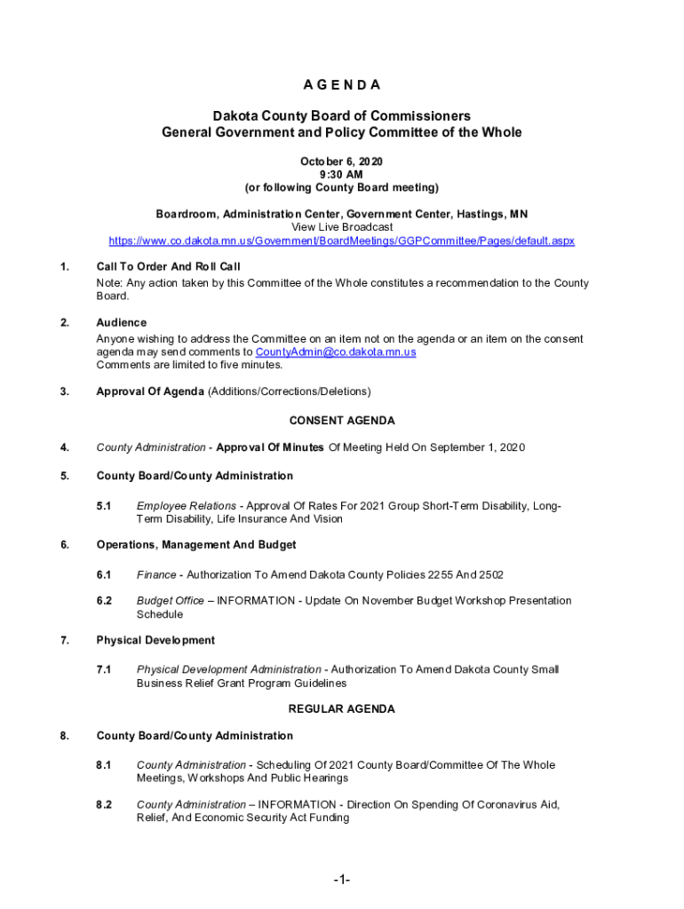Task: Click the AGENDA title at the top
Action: [341, 85]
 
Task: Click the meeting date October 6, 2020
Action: [341, 162]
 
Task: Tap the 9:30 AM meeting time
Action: [341, 175]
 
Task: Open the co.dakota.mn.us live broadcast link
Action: [341, 241]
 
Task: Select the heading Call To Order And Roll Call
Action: [168, 267]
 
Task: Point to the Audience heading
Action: [122, 323]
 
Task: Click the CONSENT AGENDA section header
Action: [342, 421]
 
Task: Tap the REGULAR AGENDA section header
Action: [342, 709]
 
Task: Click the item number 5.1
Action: [104, 506]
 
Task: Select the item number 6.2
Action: [104, 601]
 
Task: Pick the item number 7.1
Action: [104, 669]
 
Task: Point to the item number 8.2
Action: [104, 805]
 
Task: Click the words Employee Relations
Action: [174, 506]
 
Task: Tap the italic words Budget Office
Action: [171, 601]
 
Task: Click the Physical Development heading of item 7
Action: [155, 640]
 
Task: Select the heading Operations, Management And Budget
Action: [196, 545]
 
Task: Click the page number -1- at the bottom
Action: [342, 880]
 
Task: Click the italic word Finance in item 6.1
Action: [156, 575]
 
